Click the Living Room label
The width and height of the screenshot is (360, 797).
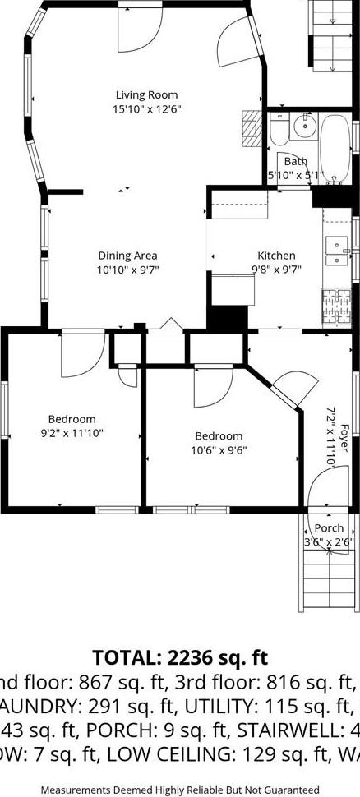point(146,95)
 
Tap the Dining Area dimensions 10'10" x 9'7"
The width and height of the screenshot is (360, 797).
point(127,269)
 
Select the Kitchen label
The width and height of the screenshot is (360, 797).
point(276,256)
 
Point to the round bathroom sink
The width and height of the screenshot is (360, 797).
point(303,125)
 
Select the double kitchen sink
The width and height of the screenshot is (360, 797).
point(337,251)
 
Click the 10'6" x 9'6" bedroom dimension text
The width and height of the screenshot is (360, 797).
point(219,449)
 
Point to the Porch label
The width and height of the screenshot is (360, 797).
point(329,528)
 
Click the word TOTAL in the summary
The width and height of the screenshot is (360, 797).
point(128,656)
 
